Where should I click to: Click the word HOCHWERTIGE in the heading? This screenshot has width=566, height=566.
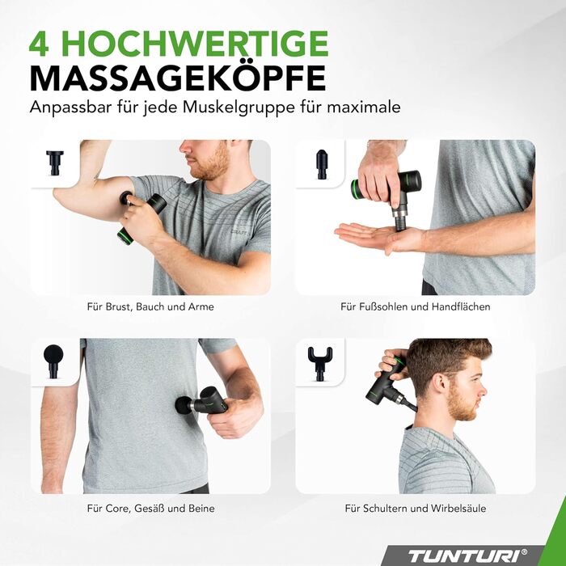tap(195, 44)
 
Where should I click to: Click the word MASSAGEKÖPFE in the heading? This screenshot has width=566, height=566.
tap(178, 78)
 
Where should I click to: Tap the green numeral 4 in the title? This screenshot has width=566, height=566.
tap(39, 44)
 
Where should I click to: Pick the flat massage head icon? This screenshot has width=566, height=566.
tap(55, 163)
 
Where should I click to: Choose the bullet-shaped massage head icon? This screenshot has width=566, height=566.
tap(321, 165)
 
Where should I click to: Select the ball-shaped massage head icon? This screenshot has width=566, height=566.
tap(53, 361)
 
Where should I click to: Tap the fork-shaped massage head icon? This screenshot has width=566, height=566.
tap(320, 363)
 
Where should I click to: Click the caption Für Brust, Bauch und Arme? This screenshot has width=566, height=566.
tap(150, 306)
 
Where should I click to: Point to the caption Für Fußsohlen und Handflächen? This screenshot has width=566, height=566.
tap(415, 306)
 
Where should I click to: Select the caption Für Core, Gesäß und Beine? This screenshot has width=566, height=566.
tap(151, 509)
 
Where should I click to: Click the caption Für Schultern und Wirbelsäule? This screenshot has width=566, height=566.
tap(415, 509)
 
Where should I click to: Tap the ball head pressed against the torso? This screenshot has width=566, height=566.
tap(184, 404)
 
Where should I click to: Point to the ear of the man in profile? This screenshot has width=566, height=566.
tap(441, 383)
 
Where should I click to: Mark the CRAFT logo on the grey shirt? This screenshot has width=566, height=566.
tap(239, 232)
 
